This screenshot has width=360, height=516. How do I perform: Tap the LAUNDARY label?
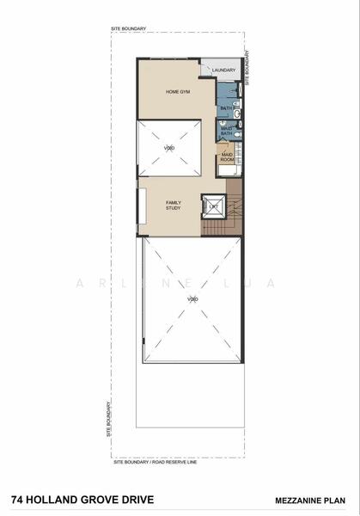tap(224, 70)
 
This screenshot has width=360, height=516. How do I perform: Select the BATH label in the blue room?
tap(225, 107)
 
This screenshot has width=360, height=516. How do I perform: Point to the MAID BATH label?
tap(226, 132)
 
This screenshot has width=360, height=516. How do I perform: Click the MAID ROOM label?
tap(228, 157)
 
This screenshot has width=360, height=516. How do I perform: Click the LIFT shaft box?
tap(214, 206)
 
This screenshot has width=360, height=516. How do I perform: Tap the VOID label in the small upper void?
tap(169, 148)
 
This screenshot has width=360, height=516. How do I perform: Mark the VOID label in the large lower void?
tap(193, 298)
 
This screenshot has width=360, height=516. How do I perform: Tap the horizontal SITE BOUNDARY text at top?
tap(128, 29)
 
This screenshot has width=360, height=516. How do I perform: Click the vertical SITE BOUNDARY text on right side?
tap(248, 64)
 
